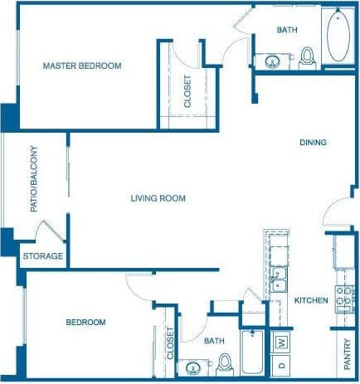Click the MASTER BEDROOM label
coord(82,66)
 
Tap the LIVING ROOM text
coord(158,198)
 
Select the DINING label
coord(313,143)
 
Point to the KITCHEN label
coord(311,300)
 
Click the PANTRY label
coord(347,356)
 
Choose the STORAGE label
coord(42,256)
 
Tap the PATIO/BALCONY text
coord(34,179)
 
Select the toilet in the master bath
coord(308,56)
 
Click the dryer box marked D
coord(282,364)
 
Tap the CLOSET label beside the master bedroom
coord(187,92)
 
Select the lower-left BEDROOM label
coord(85,322)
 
